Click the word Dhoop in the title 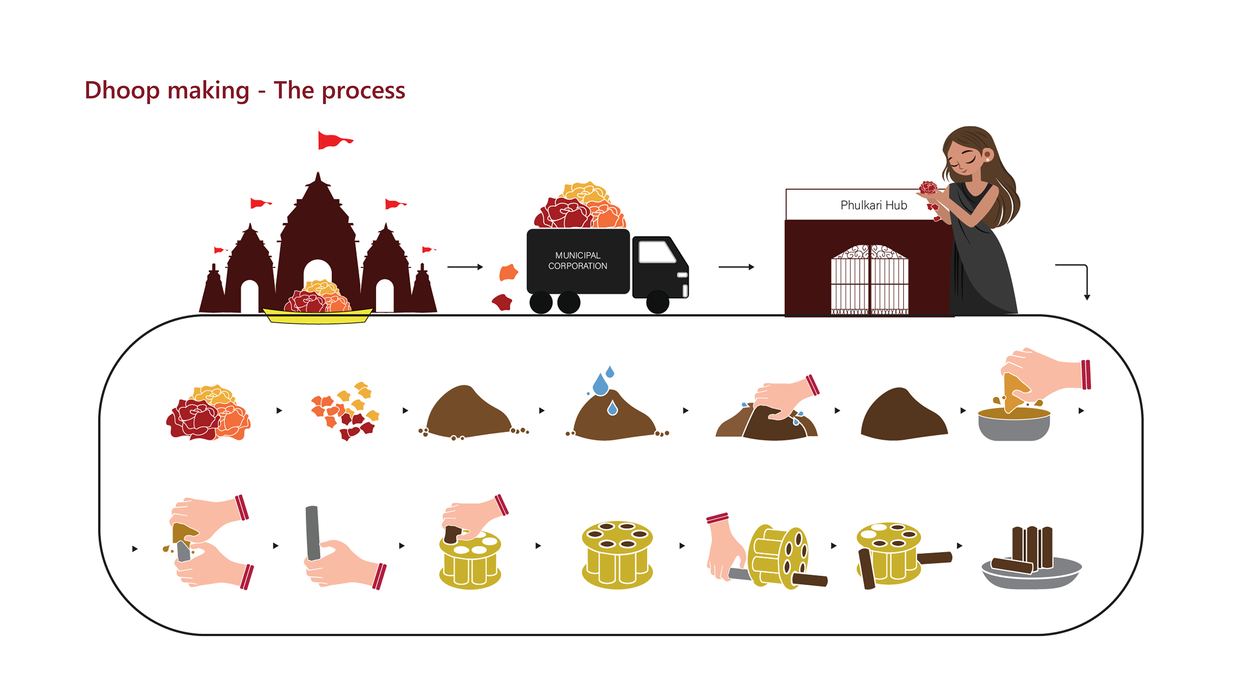click(x=122, y=91)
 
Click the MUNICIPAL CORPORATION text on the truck click(x=578, y=261)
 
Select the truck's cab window click(x=656, y=251)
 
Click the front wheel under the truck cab click(x=657, y=302)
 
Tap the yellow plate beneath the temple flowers click(x=317, y=316)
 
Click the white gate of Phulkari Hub click(x=869, y=280)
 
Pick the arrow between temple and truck click(x=465, y=267)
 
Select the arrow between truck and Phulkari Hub click(x=736, y=267)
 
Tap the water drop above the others click(x=610, y=371)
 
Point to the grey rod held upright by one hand click(x=312, y=533)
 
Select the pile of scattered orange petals click(x=345, y=411)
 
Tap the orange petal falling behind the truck click(x=508, y=272)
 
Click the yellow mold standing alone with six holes click(x=617, y=555)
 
